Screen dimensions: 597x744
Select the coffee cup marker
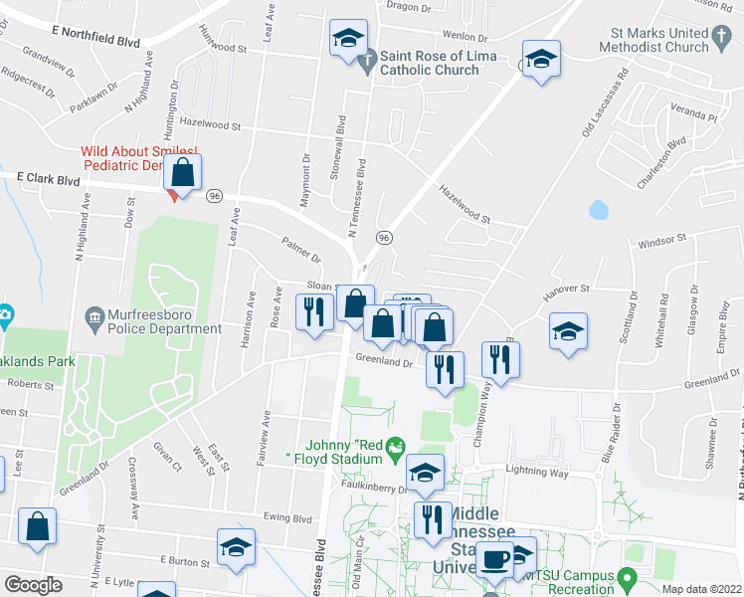click(494, 560)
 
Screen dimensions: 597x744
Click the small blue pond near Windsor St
click(599, 210)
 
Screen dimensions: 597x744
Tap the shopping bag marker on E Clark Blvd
click(184, 173)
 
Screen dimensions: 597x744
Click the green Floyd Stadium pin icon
click(396, 448)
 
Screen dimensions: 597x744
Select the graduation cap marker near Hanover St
click(568, 331)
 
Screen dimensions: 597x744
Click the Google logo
click(33, 585)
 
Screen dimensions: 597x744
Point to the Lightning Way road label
click(537, 473)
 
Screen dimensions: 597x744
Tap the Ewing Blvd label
click(288, 517)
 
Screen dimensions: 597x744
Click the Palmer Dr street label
click(301, 251)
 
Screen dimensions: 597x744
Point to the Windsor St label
click(662, 241)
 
